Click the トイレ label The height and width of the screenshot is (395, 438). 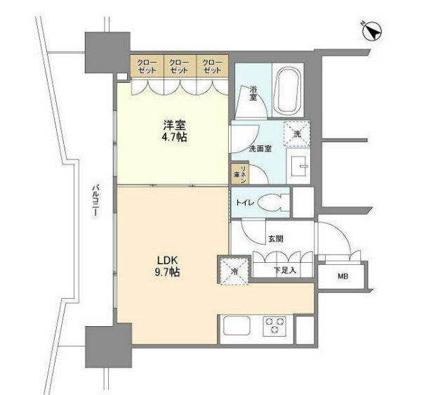(x=243, y=203)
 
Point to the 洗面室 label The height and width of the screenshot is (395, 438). (x=260, y=149)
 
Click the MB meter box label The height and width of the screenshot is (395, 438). (x=343, y=276)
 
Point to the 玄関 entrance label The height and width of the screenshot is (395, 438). (x=275, y=239)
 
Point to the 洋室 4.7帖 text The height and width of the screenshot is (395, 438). (x=173, y=130)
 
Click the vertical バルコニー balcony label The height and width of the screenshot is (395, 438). (x=93, y=205)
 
